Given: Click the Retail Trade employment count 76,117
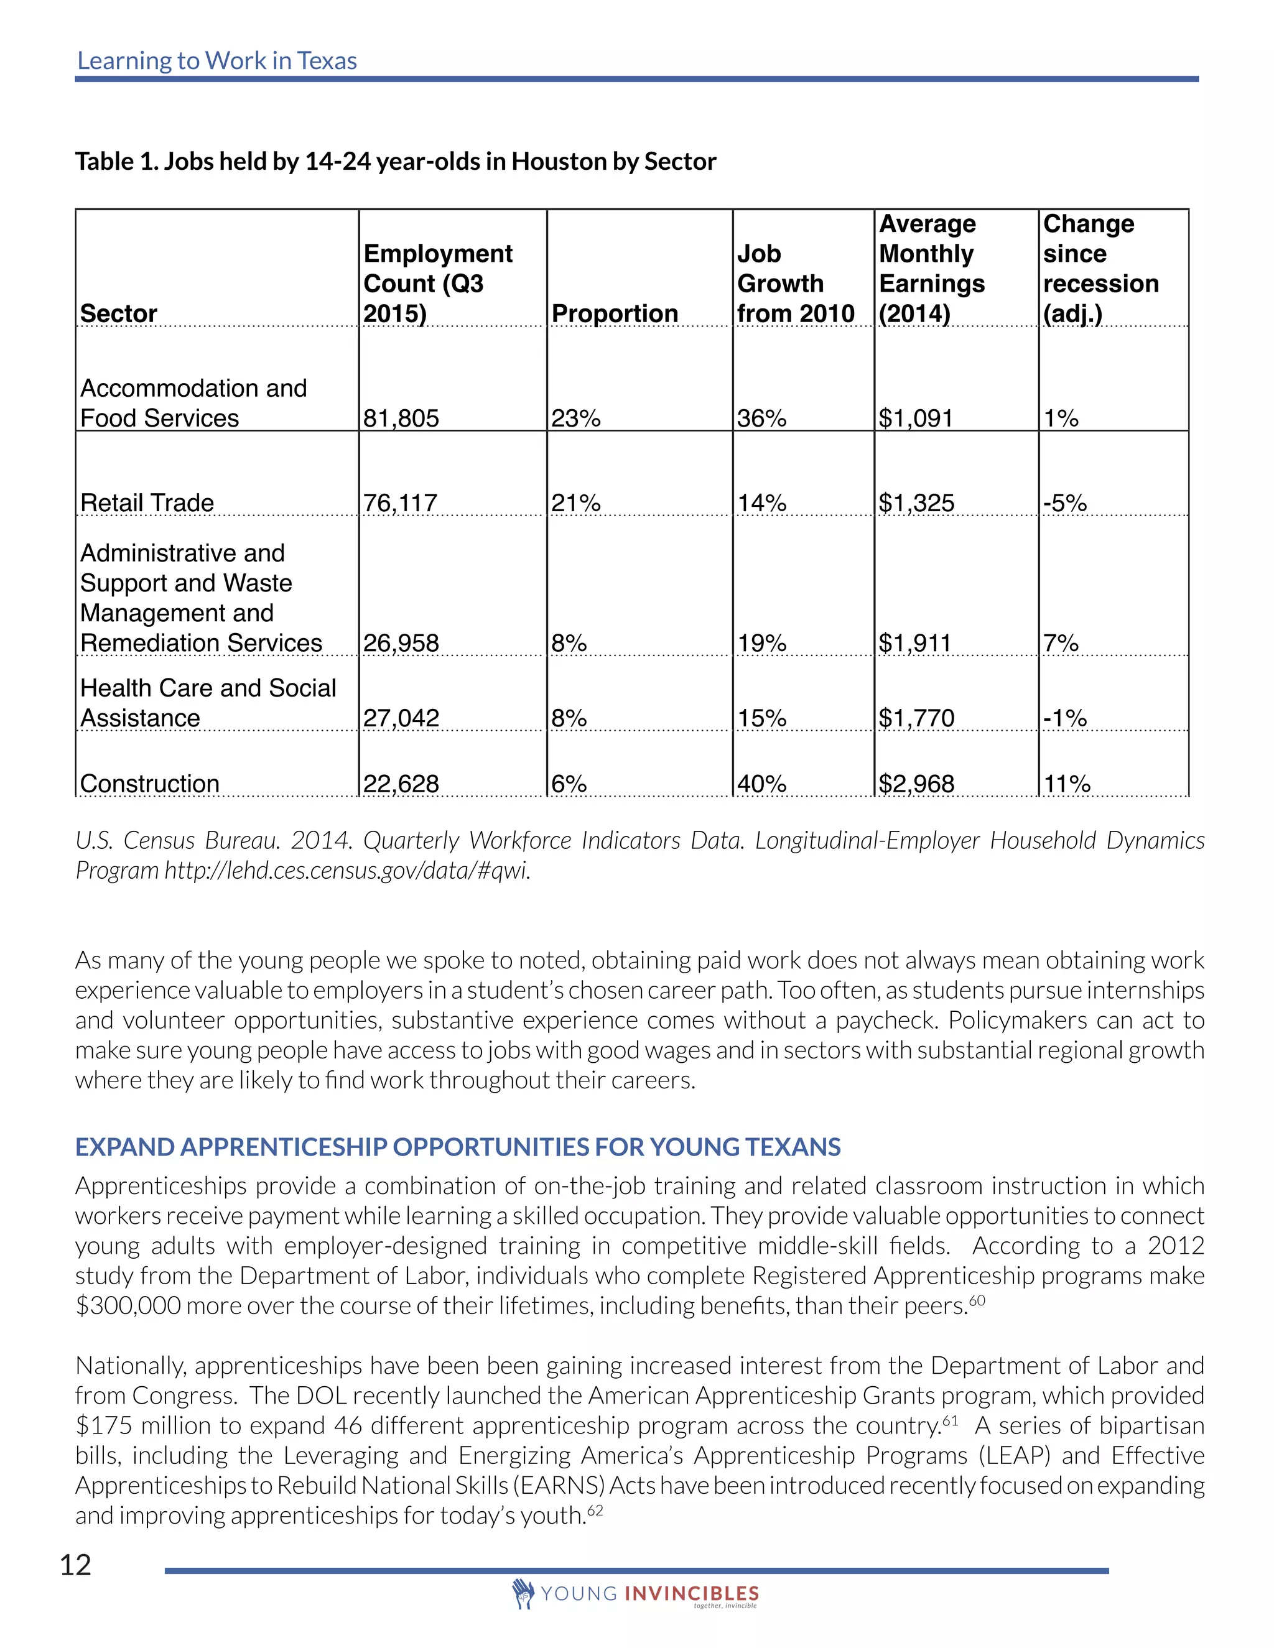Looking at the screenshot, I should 400,502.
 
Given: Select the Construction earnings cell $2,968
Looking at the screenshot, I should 916,784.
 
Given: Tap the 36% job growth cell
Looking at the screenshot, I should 761,418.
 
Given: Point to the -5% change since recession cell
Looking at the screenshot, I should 1064,502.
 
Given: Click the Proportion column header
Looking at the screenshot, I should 615,313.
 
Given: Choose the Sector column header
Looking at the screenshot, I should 118,313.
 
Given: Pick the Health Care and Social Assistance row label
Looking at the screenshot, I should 208,703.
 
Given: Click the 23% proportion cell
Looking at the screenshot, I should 575,418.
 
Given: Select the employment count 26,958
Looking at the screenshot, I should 401,643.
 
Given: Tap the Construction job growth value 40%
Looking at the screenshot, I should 761,784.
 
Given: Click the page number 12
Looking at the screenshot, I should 75,1566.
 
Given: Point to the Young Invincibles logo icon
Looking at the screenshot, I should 523,1593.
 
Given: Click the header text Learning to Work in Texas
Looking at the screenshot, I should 216,61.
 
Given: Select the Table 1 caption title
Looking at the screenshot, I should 396,162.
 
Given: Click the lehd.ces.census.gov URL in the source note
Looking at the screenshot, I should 346,871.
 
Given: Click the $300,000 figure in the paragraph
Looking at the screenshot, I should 128,1306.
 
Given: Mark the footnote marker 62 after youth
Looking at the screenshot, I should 595,1510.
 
